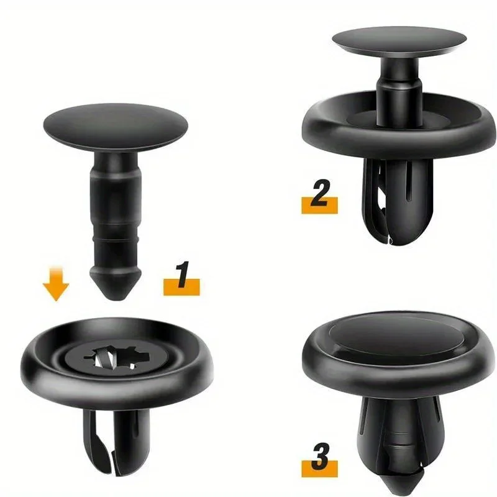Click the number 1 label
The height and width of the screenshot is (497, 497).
click(181, 276)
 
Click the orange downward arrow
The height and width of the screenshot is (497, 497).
click(56, 286)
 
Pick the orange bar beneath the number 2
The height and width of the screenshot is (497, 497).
click(319, 206)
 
